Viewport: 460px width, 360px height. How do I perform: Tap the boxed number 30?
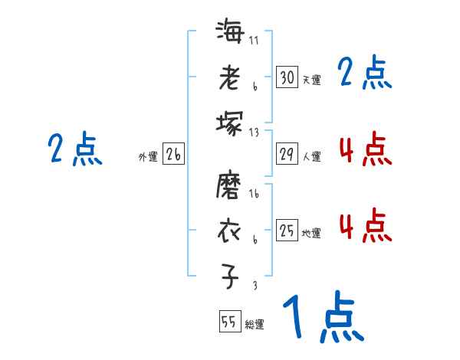pos(287,77)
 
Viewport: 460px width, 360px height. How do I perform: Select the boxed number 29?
pos(287,154)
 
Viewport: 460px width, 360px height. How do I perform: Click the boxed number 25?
pos(287,231)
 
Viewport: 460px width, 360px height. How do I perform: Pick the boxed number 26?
pos(173,155)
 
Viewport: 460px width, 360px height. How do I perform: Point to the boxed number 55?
pos(229,322)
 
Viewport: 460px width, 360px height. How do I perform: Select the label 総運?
pos(255,325)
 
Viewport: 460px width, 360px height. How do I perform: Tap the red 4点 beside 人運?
pos(365,149)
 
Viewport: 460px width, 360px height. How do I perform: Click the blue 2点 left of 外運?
pos(76,149)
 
